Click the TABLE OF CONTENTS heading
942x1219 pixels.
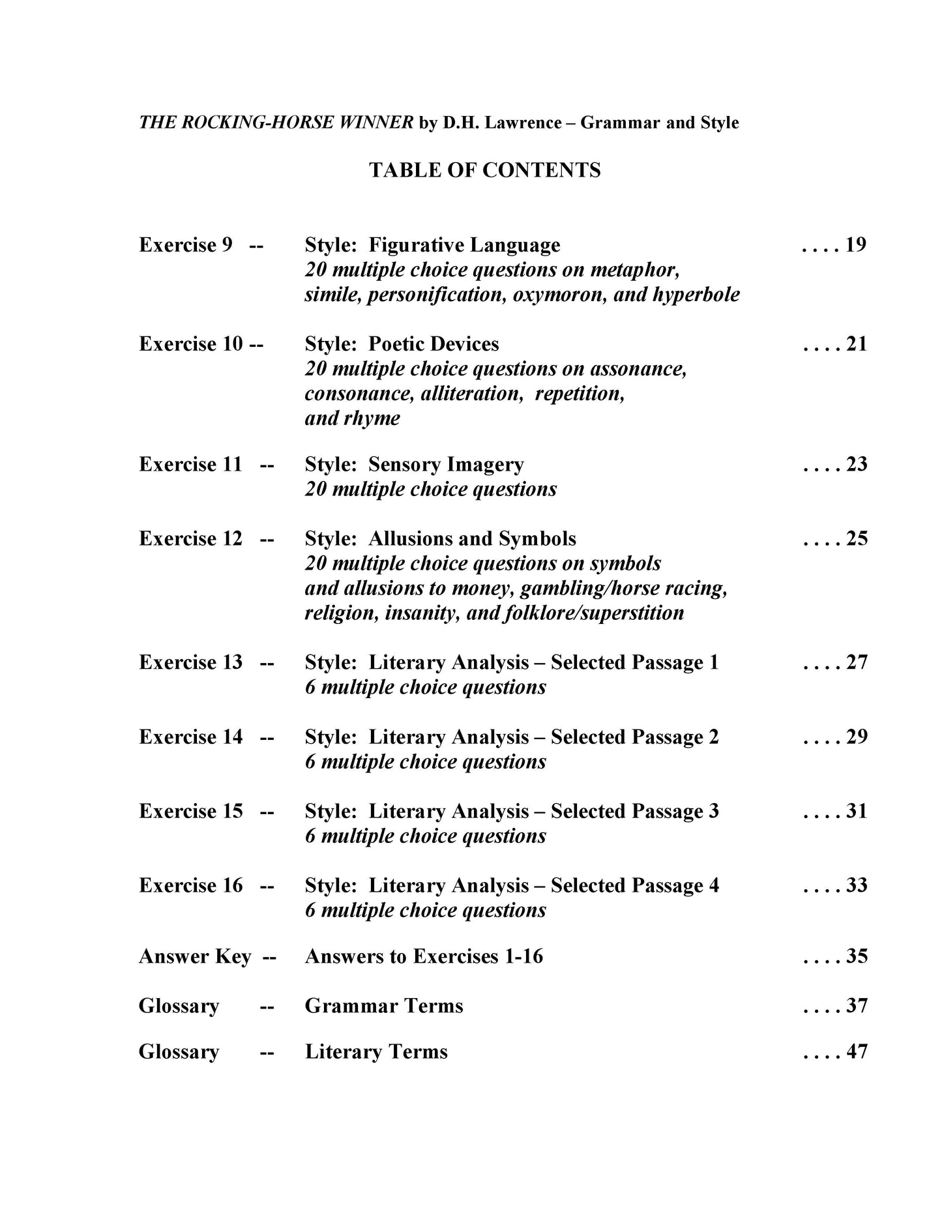484,170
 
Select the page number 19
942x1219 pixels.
855,245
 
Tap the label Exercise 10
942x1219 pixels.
190,344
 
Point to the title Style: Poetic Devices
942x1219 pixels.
402,344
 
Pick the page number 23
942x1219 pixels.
856,464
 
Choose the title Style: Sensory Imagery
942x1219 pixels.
414,465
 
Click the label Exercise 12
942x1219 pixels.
190,539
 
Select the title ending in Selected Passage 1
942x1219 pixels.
511,663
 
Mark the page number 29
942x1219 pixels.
856,737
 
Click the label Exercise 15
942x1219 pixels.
190,812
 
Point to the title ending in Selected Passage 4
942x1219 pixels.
511,886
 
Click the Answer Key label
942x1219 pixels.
195,957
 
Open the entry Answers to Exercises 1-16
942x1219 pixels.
424,957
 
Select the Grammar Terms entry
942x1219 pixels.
384,1006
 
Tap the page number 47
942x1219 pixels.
856,1052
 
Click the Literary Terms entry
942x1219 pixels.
376,1052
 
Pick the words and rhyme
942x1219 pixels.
352,419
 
